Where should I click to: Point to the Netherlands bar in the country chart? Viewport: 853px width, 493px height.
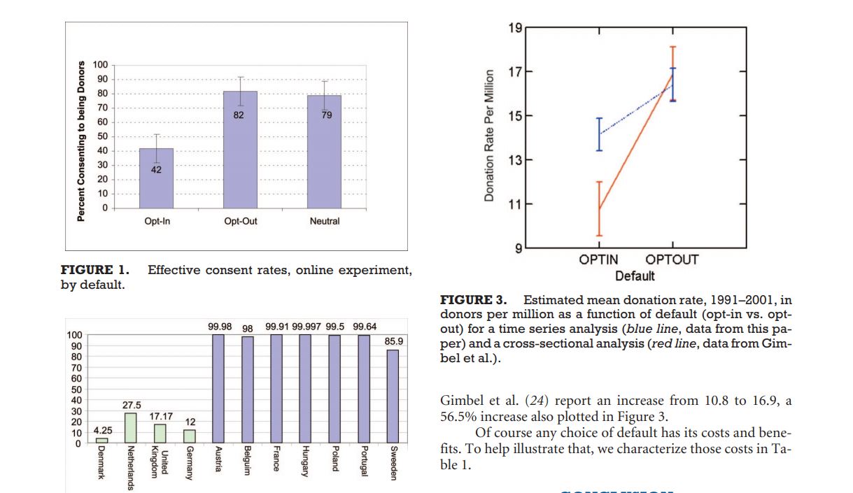coord(131,427)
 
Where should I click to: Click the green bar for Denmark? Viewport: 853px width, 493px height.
coord(102,440)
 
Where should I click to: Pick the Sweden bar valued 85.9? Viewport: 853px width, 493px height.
coord(393,396)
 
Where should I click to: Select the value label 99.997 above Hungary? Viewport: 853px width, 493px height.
coord(306,327)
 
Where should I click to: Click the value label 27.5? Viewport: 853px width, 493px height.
coord(132,405)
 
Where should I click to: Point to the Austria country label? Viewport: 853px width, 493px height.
coord(218,459)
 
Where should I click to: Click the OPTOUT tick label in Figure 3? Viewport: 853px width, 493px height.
coord(672,260)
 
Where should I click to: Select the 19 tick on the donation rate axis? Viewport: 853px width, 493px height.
coord(515,28)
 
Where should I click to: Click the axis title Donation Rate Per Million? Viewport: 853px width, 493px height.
coord(490,136)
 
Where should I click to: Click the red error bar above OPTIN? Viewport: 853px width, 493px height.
coord(599,208)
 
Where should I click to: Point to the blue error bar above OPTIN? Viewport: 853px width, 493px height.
coord(599,134)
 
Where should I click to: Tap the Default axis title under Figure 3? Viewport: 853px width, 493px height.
coord(635,276)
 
